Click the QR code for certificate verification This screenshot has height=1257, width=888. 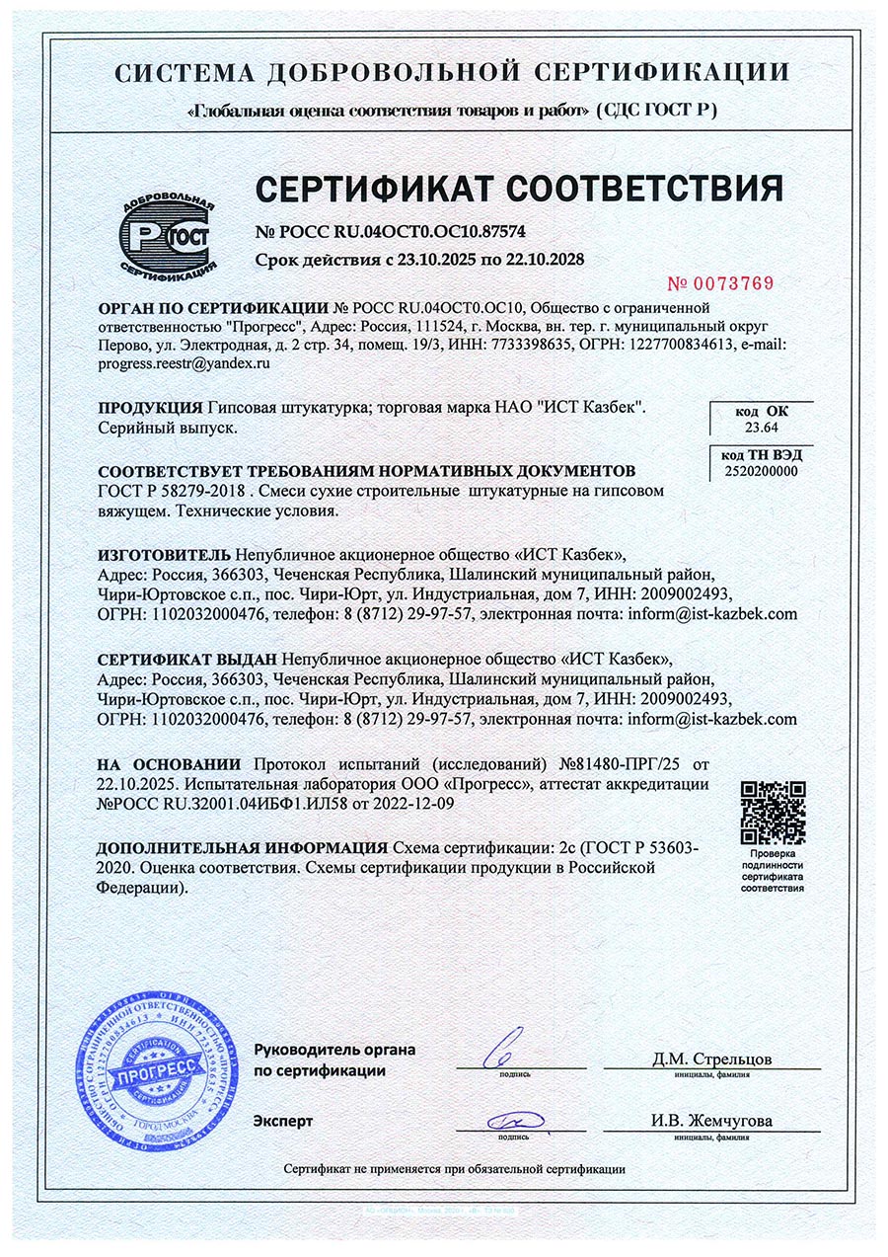coord(773,811)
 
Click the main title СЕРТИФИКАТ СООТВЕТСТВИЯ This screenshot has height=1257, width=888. coord(520,188)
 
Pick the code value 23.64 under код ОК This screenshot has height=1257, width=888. coord(762,428)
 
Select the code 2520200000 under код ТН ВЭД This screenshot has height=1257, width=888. coord(762,472)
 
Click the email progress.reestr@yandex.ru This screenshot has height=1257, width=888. coord(185,363)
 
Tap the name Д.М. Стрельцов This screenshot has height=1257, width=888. coord(712,1060)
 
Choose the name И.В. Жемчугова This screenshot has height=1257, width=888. coord(711,1121)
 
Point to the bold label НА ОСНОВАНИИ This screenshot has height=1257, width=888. coord(170,764)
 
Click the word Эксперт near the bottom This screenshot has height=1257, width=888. coord(283,1121)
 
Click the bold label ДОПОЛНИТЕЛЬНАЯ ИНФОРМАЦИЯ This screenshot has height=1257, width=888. coord(242,848)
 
